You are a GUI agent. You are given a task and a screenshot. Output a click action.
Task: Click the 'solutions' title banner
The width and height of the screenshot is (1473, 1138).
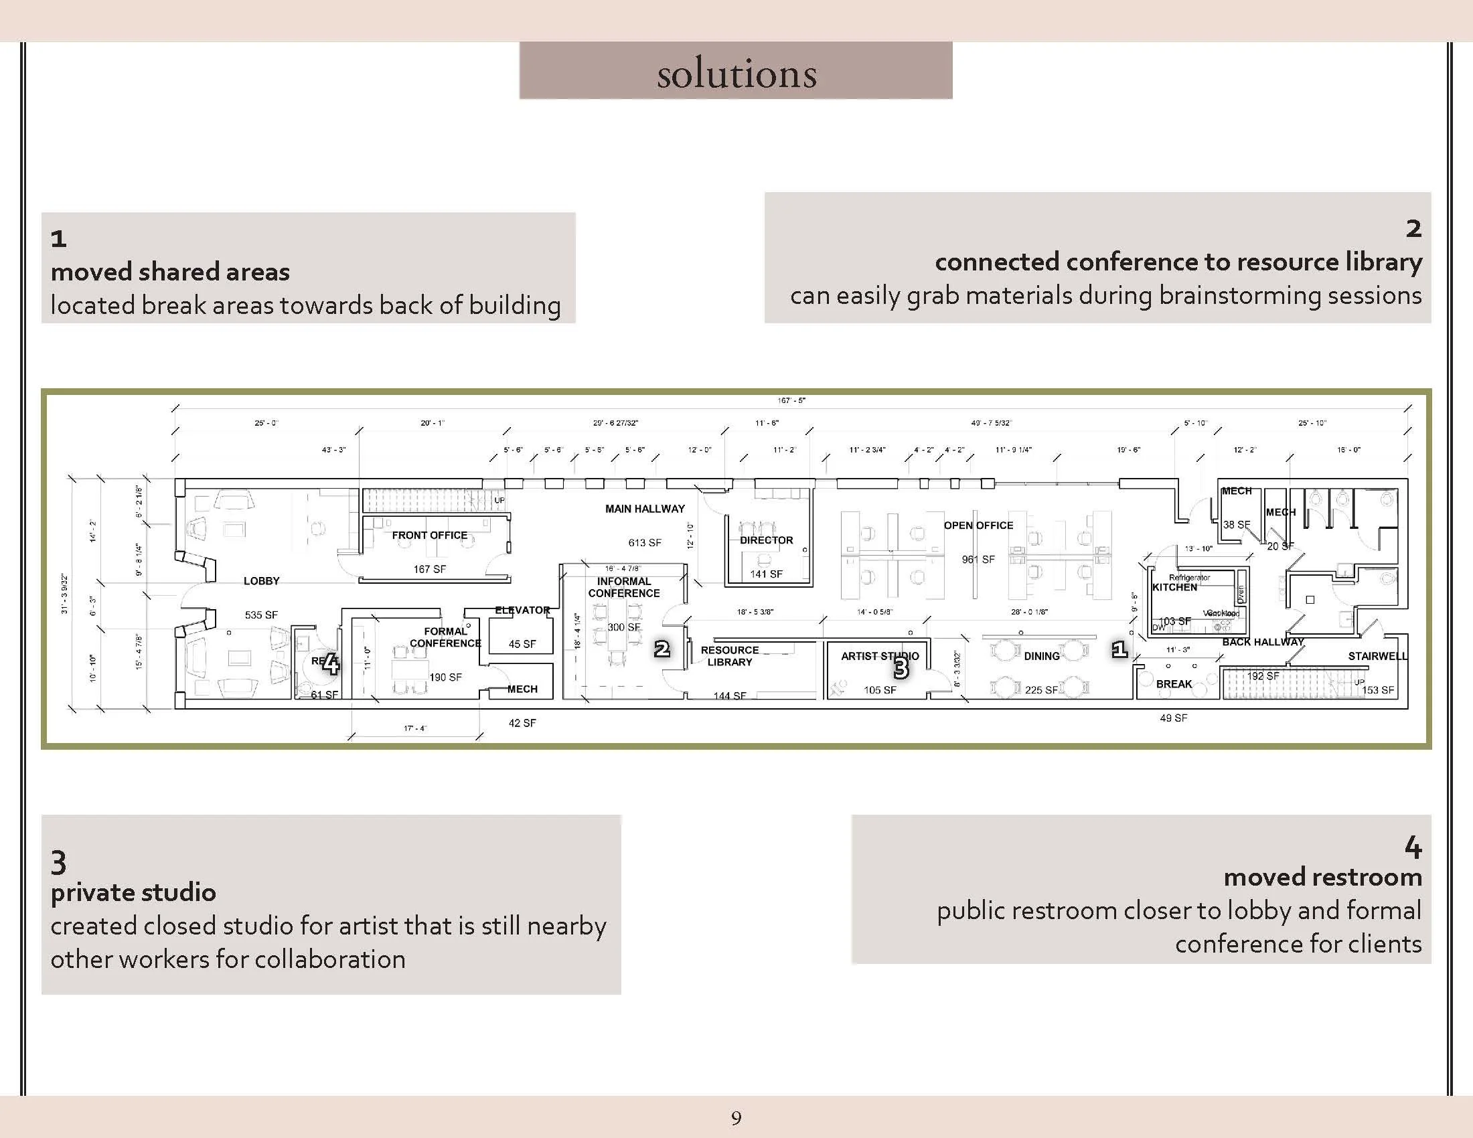point(736,72)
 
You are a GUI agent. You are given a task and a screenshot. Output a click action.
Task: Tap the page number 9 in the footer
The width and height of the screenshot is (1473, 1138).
point(736,1118)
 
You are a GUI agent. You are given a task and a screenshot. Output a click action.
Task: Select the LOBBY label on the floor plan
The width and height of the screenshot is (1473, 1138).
point(261,581)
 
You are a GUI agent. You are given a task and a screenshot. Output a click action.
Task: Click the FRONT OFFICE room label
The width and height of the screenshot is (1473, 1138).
point(430,536)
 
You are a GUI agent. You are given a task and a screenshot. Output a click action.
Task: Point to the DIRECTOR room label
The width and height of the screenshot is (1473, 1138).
point(766,540)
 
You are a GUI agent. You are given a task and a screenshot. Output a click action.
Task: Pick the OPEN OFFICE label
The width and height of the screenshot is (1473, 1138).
point(978,525)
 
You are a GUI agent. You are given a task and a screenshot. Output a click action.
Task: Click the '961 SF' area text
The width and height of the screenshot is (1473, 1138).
point(978,560)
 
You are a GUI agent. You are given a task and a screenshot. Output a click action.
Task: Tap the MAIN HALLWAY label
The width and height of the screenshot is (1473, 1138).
point(645,509)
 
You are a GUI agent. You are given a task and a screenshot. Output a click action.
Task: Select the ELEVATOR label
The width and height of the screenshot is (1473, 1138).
point(522,610)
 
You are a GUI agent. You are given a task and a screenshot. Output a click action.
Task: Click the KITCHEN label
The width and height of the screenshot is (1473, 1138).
point(1174,587)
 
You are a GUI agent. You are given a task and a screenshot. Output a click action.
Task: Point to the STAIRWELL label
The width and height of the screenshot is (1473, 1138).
point(1377,656)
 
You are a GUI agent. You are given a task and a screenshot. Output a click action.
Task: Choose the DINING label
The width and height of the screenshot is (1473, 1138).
point(1041,656)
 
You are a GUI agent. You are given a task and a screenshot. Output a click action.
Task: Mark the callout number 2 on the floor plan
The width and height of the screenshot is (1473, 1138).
point(662,649)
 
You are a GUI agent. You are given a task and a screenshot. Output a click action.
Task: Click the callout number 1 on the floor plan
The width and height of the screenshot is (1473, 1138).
point(1119,649)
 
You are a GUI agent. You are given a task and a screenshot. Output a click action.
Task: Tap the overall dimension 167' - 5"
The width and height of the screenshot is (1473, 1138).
point(791,400)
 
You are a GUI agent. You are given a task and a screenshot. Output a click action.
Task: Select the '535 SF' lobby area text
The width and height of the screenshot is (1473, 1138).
point(261,615)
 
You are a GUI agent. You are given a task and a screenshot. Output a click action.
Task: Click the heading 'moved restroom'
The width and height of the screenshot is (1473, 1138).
point(1322,877)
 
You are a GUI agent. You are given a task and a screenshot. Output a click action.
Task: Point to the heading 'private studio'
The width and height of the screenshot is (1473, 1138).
point(133,892)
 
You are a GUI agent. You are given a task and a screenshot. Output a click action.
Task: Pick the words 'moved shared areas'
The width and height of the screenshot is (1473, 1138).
point(170,272)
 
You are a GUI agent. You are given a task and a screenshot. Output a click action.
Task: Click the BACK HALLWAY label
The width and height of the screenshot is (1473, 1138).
point(1263,642)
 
